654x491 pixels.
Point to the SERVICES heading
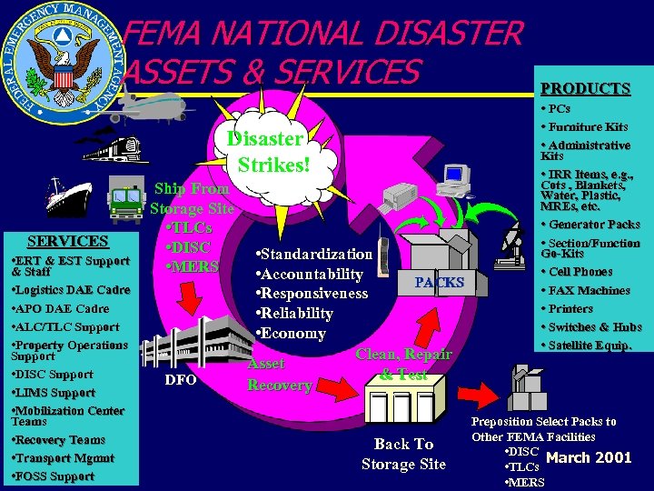coord(68,241)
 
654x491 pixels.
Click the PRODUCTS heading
coord(585,88)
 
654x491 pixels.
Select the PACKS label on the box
coord(439,283)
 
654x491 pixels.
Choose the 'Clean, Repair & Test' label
coord(403,365)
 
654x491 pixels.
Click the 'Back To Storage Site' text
coord(403,454)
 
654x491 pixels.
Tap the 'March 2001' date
coord(590,457)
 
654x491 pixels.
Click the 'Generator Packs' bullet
coord(594,225)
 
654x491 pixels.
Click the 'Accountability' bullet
coord(310,275)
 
